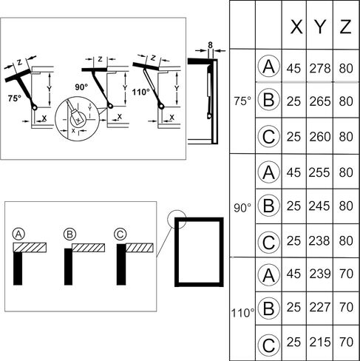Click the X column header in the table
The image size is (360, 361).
296,27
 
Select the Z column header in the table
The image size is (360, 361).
345,27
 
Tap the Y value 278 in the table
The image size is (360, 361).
320,68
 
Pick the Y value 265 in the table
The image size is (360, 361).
320,101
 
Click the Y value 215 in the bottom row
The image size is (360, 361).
320,342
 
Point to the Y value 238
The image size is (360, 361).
319,240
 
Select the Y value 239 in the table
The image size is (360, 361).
320,274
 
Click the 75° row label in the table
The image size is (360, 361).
242,101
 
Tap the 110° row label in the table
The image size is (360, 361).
242,313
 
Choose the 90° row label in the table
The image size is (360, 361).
242,208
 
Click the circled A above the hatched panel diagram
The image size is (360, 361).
18,234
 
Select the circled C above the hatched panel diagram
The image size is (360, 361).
120,234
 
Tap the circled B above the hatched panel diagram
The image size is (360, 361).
69,234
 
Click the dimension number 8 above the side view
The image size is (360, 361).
210,45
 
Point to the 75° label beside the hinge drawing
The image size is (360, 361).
15,98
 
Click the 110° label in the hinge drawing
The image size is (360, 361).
141,92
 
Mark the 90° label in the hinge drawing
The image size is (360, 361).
81,87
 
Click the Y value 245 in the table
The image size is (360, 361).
319,206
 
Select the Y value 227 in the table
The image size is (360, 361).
320,307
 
